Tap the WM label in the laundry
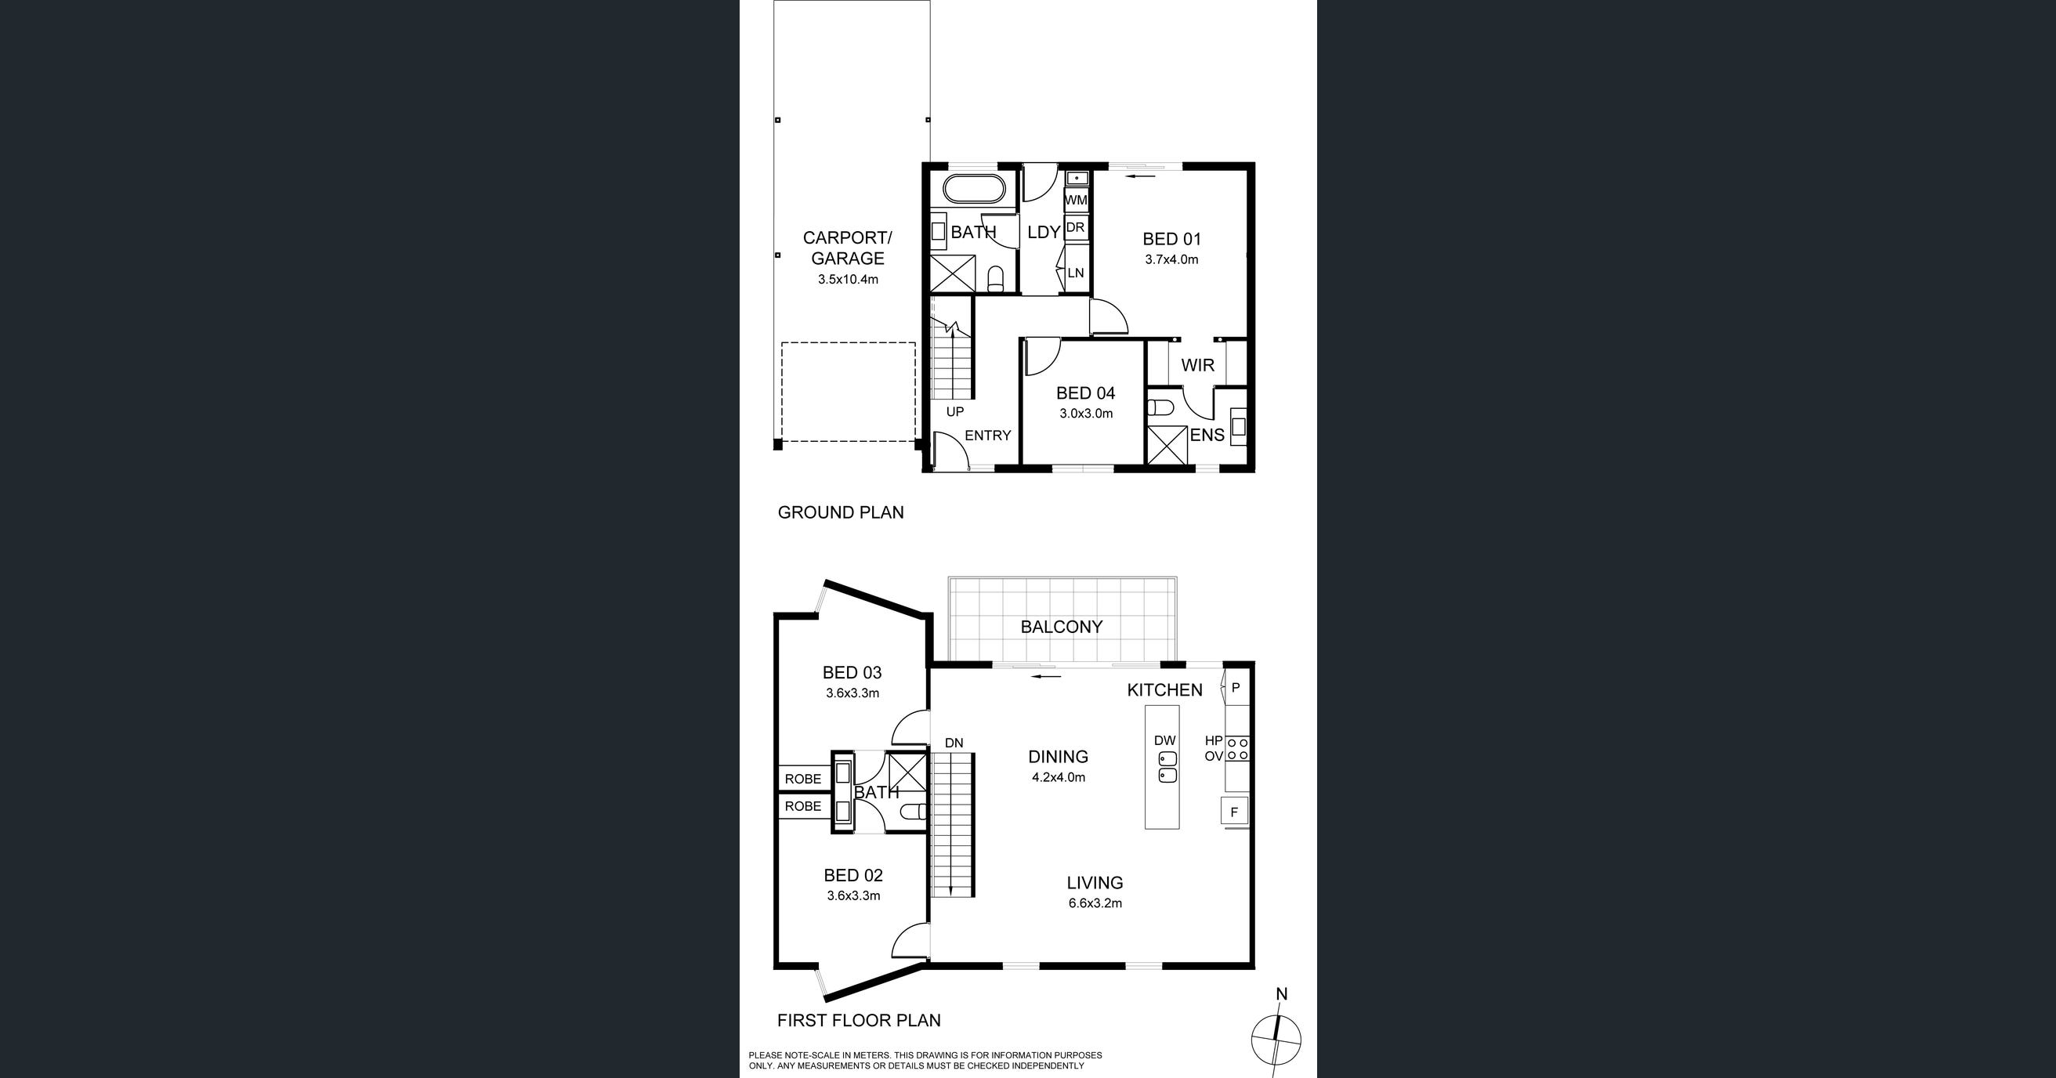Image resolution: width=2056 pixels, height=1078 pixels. point(1076,201)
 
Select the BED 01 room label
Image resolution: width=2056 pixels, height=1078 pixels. point(1171,239)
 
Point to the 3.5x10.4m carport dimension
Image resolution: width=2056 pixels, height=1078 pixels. point(848,279)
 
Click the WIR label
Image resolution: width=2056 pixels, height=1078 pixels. point(1197,365)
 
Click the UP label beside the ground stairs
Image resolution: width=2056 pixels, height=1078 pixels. point(954,412)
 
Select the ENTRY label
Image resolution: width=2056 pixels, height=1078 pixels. point(988,436)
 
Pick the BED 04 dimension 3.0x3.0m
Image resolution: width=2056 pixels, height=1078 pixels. point(1086,414)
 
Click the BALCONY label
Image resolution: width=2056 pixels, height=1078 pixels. point(1062,628)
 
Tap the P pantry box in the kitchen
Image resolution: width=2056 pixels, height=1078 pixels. point(1236,687)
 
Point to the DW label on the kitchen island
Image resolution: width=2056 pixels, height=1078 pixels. point(1165,740)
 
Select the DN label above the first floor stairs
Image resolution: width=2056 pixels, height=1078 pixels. point(954,743)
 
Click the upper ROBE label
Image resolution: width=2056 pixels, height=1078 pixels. point(803,779)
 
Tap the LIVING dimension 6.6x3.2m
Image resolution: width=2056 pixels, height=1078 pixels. point(1095,903)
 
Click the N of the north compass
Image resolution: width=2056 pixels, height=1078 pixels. point(1282,994)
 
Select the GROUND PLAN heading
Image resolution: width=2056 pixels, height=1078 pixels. point(841,512)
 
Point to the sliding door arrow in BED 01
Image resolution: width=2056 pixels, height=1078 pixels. point(1143,176)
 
